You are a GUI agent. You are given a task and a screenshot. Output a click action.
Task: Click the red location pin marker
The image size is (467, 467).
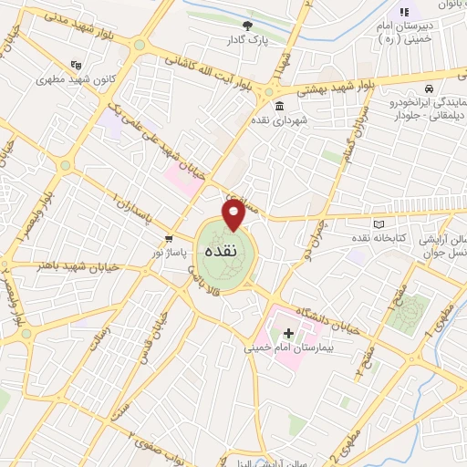click(233, 215)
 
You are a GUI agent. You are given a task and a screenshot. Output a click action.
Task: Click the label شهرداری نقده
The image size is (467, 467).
click(309, 120)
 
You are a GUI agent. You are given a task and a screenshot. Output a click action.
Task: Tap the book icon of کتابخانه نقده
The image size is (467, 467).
click(380, 223)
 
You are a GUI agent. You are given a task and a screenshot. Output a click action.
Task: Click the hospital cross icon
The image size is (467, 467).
click(289, 334)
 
